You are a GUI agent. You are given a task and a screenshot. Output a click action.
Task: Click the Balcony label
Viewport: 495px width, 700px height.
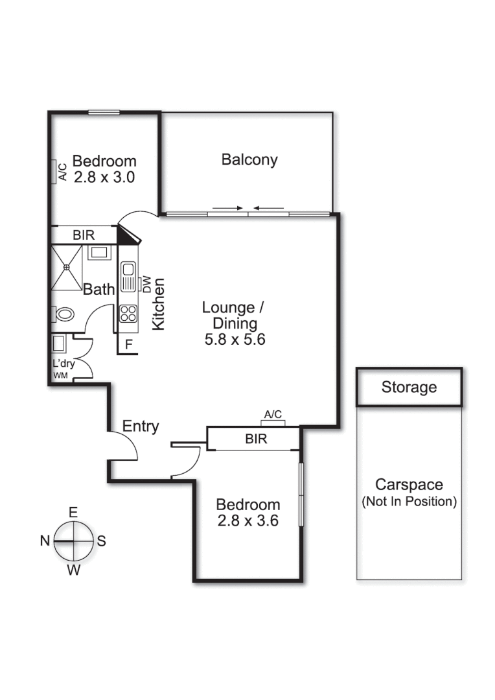tap(249, 159)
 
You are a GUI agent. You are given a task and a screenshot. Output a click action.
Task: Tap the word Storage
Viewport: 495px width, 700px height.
tap(409, 388)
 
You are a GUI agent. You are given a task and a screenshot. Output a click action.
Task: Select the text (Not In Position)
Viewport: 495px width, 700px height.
tap(409, 501)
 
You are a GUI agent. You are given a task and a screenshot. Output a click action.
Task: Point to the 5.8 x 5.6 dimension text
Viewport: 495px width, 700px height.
tap(235, 339)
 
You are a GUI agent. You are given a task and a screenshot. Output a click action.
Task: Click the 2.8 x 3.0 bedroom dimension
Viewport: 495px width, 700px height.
tap(104, 178)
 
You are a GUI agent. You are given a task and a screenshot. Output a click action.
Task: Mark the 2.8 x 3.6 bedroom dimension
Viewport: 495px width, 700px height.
tap(247, 520)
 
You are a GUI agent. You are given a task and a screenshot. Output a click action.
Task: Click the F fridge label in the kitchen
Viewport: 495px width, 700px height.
tap(129, 345)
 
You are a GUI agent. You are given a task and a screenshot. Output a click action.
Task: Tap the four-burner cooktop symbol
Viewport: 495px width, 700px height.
tap(128, 314)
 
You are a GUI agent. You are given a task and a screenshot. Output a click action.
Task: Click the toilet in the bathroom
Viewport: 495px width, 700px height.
tap(63, 315)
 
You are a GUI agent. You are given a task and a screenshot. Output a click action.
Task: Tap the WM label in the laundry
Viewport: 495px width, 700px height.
tap(59, 375)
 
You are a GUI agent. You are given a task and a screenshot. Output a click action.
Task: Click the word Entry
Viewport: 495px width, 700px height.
tap(141, 426)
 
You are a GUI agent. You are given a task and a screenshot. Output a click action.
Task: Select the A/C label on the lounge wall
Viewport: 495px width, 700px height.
tap(273, 414)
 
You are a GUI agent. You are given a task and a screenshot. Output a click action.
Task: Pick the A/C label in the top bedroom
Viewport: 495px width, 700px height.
tap(63, 172)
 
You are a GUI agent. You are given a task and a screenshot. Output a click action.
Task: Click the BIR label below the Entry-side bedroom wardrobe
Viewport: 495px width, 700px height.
tap(256, 439)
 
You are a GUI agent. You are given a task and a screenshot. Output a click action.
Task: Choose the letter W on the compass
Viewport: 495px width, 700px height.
tap(75, 570)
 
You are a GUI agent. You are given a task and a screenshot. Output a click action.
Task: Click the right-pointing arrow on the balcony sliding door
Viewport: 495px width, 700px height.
tap(227, 208)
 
